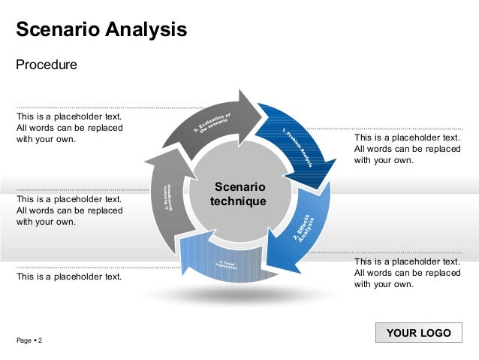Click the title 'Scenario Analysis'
coord(101,30)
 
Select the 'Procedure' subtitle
coord(47,65)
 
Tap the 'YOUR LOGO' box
coord(418,333)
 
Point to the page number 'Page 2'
coord(29,341)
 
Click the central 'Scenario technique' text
coord(238,194)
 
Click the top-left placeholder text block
coord(69,128)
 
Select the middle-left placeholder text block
coord(69,210)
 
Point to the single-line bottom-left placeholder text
coord(69,277)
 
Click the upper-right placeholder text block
coord(407,149)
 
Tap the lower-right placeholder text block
coord(407,273)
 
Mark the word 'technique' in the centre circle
coord(238,202)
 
